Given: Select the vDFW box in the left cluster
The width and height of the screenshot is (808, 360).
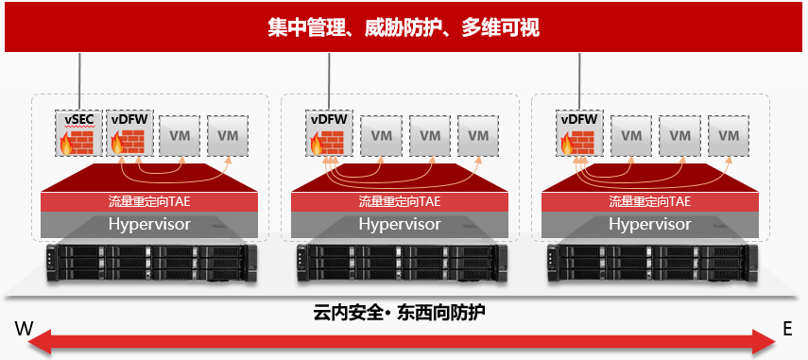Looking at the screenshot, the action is click(127, 133).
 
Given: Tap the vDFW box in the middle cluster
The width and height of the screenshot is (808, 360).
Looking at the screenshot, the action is click(329, 133).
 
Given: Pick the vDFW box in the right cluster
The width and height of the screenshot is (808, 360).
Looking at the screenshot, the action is click(579, 133).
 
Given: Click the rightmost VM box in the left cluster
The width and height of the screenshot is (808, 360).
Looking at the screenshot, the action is click(228, 136).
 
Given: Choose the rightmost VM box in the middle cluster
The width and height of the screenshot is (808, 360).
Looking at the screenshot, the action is click(479, 136).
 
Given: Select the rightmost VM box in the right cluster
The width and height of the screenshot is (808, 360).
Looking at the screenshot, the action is click(729, 136).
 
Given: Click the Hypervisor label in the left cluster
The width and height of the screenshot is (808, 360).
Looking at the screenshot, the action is click(149, 224).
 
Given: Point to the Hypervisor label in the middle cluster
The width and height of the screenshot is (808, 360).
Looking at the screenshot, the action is click(400, 224).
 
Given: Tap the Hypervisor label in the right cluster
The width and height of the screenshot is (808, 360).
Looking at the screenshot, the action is click(650, 224).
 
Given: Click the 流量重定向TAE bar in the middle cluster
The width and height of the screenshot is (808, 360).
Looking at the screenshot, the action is click(400, 201).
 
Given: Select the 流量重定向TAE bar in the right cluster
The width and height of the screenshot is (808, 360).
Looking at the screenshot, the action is click(650, 201).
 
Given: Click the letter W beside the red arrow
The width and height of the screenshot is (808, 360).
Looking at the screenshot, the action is click(25, 329).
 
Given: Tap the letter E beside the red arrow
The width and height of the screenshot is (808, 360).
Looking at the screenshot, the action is click(787, 329).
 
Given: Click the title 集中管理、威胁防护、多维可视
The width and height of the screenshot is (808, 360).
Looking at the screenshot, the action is click(404, 27).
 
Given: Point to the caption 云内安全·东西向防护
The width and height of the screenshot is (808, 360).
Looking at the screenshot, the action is click(400, 313).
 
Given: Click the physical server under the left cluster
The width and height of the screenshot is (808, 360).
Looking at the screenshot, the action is click(151, 263).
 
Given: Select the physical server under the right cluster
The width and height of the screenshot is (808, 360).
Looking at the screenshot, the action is click(653, 263).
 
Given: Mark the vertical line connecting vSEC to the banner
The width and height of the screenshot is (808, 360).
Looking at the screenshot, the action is click(79, 81).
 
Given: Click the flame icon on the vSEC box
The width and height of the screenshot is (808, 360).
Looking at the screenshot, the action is click(66, 144).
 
